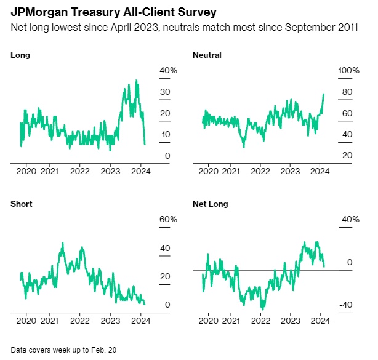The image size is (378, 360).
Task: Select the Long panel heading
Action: point(20,55)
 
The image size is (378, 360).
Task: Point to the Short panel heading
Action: point(22,204)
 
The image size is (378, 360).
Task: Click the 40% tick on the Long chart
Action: point(168,71)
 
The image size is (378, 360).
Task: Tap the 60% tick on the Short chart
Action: point(168,220)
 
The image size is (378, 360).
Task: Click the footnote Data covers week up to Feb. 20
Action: point(63,350)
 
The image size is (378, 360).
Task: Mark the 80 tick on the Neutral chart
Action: point(347,92)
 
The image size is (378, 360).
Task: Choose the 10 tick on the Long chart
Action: point(166,135)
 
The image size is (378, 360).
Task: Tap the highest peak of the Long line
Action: point(136,81)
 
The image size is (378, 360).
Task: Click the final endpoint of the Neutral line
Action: point(324,94)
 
